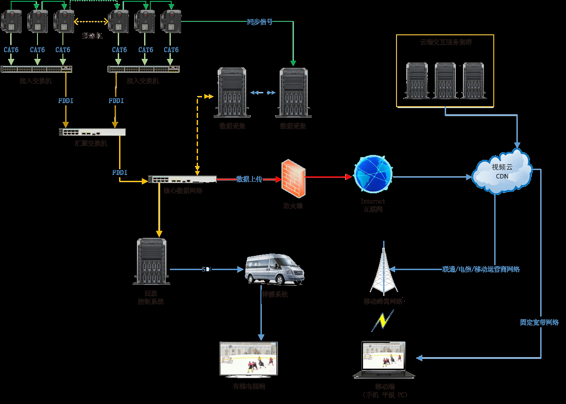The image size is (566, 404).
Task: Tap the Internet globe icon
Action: tap(373, 175)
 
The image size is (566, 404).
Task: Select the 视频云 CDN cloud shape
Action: tap(502, 171)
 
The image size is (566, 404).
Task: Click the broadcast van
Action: tap(275, 269)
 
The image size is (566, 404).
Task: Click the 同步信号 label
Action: tap(260, 22)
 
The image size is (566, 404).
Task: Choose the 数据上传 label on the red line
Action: tap(249, 179)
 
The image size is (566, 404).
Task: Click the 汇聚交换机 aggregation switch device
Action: tap(92, 132)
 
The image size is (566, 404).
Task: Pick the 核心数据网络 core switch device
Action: tap(182, 179)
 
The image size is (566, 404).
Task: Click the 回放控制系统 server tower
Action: tap(152, 262)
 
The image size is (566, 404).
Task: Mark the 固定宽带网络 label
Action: tap(539, 322)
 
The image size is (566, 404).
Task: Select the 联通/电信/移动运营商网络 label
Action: tap(481, 269)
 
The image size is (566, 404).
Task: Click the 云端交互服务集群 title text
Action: tap(446, 42)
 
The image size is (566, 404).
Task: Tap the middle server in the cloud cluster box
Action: tap(445, 80)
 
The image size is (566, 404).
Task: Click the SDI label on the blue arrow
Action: tap(206, 269)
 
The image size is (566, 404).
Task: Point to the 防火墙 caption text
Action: tap(293, 206)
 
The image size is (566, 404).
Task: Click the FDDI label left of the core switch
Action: tap(120, 172)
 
